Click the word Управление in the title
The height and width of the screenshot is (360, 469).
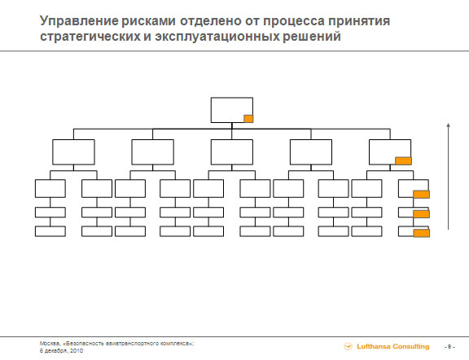point(79,21)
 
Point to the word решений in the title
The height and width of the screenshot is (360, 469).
point(312,37)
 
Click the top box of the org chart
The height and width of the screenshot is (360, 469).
point(232,110)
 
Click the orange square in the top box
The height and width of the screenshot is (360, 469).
point(248,119)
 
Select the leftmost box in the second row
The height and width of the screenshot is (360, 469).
point(73,152)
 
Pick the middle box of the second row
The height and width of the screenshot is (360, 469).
point(232,152)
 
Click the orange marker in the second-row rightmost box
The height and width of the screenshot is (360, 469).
point(403,161)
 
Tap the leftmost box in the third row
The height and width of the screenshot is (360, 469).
point(50,188)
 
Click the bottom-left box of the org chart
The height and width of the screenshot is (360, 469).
point(50,231)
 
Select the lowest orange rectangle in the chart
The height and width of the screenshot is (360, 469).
point(422,233)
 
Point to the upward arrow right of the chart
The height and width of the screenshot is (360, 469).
point(448,177)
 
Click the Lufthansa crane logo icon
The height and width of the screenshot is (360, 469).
point(348,346)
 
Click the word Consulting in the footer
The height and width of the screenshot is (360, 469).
point(410,346)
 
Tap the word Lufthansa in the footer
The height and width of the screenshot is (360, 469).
point(373,346)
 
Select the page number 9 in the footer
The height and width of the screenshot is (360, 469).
point(449,347)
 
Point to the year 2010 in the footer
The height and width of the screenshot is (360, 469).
point(77,350)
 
